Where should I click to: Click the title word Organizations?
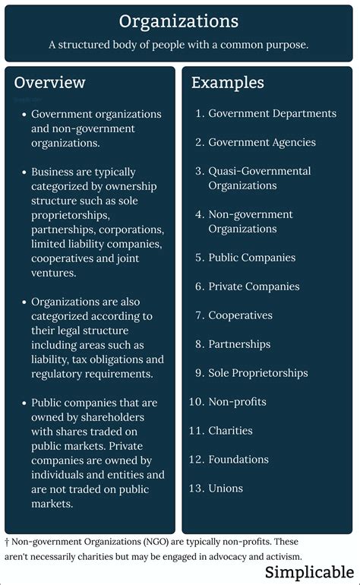coord(179,21)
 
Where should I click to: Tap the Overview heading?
coord(50,82)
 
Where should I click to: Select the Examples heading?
coord(228,82)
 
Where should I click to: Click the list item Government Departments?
coord(272,113)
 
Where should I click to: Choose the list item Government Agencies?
coord(262,142)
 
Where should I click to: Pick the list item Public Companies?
coord(252,258)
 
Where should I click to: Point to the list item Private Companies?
coord(254,286)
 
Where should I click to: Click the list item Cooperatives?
coord(240,315)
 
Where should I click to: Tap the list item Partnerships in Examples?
coord(239,344)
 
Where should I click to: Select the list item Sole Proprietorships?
coord(258,373)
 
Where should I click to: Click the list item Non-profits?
coord(237,402)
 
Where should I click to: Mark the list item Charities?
coord(230,431)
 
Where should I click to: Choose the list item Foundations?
coord(238,460)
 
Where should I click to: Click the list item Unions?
coord(226,489)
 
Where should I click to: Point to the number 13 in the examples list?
coord(196,489)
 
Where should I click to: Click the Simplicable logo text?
coord(309,572)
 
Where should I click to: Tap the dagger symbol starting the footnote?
coord(7,542)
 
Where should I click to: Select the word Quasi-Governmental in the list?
coord(260,171)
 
